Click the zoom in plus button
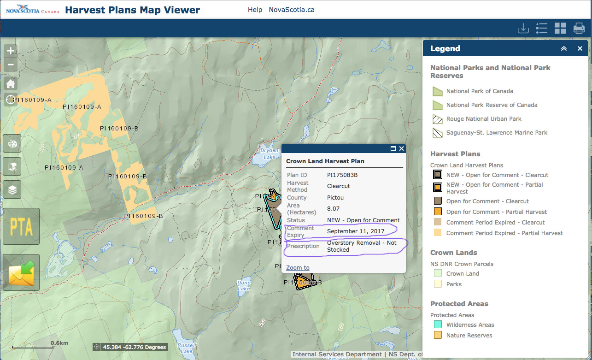tap(11, 51)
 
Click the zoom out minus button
tap(11, 65)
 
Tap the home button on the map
tap(11, 84)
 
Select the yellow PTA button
tap(21, 226)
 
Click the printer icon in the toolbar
tap(579, 29)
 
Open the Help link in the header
tap(255, 10)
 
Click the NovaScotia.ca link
tap(292, 10)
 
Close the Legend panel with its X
tap(580, 48)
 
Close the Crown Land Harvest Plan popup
tap(401, 148)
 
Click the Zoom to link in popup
tap(298, 267)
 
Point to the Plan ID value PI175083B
tap(342, 175)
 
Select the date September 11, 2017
tap(356, 231)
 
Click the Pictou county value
tap(335, 197)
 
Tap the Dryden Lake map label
tap(270, 153)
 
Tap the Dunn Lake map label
tap(243, 285)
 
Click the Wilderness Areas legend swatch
tap(437, 325)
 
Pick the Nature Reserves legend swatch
tap(437, 335)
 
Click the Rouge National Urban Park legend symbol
tap(437, 119)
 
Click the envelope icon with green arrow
tap(21, 272)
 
